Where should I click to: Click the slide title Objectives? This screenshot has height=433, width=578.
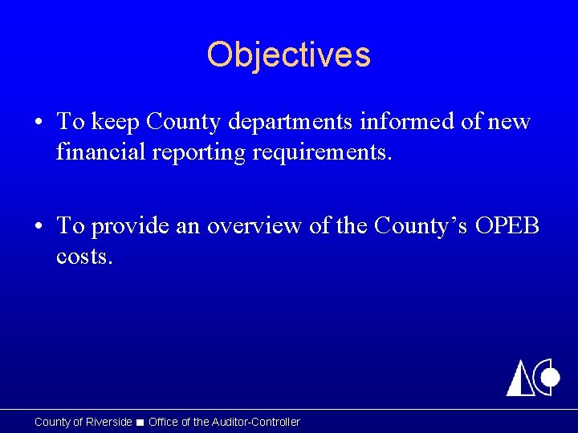tap(289, 55)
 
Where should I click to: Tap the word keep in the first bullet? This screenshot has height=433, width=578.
tap(111, 122)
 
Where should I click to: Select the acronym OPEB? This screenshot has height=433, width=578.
tap(507, 227)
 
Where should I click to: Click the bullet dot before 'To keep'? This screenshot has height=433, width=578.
tap(39, 123)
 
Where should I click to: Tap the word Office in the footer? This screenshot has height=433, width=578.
tap(163, 422)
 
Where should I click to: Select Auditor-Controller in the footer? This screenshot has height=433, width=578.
tap(255, 422)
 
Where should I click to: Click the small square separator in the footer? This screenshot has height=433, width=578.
tap(140, 423)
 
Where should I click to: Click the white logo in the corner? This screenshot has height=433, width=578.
tap(532, 377)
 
